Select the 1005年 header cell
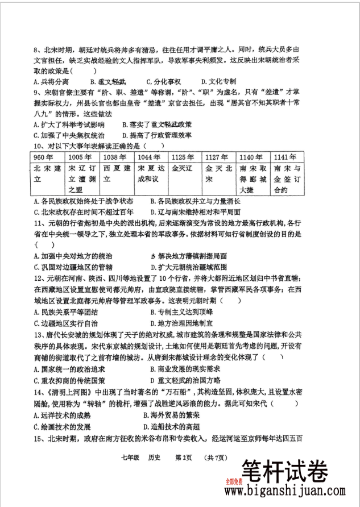pyautogui.click(x=80, y=157)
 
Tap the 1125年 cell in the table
pyautogui.click(x=183, y=157)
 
